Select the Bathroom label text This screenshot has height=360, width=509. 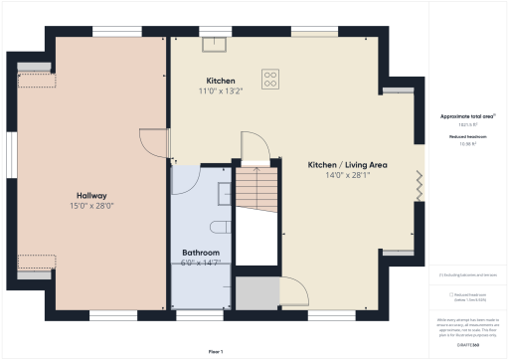200,253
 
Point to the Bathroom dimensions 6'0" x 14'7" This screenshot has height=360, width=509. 200,264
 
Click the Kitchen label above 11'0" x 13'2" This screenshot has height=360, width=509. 220,81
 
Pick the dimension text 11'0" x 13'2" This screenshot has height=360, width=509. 220,91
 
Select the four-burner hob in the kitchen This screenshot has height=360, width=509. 269,79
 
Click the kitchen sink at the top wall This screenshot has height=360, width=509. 215,43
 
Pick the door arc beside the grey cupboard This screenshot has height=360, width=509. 294,292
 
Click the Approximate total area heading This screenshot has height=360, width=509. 467,116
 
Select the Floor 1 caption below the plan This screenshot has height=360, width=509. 216,352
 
